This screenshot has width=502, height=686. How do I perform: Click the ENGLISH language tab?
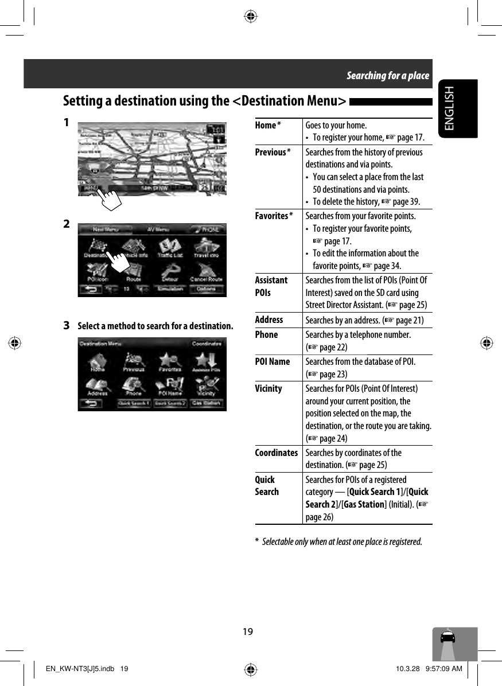pyautogui.click(x=457, y=108)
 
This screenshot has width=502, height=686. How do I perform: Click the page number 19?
pyautogui.click(x=247, y=632)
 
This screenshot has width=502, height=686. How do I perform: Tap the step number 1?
pyautogui.click(x=67, y=123)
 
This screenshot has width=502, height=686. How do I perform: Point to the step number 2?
pyautogui.click(x=67, y=223)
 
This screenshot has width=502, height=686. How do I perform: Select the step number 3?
pyautogui.click(x=67, y=326)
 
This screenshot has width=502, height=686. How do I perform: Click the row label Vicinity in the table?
pyautogui.click(x=268, y=388)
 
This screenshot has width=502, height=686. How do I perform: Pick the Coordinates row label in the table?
pyautogui.click(x=276, y=453)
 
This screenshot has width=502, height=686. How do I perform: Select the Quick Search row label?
pyautogui.click(x=267, y=485)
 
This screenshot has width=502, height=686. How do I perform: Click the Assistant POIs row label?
pyautogui.click(x=271, y=286)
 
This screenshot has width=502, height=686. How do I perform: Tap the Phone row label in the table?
pyautogui.click(x=266, y=334)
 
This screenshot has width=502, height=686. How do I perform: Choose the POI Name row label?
pyautogui.click(x=272, y=361)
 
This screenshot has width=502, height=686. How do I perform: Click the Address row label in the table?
pyautogui.click(x=268, y=319)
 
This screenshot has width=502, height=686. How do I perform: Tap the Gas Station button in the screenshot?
pyautogui.click(x=207, y=403)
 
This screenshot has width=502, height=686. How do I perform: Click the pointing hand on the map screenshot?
pyautogui.click(x=112, y=198)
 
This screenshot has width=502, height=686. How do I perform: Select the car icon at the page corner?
pyautogui.click(x=448, y=638)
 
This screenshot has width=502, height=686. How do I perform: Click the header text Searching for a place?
pyautogui.click(x=387, y=75)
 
